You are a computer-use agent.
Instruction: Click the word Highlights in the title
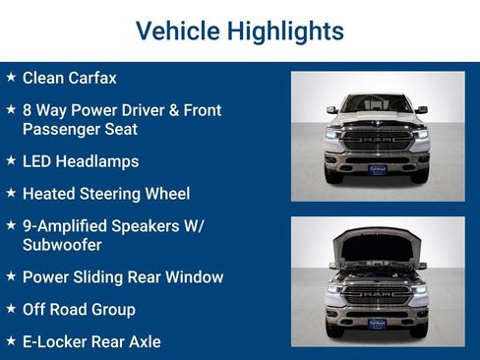coord(285,31)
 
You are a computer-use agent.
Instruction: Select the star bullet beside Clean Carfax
coord(10,77)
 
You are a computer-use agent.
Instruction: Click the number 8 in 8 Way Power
coord(28,110)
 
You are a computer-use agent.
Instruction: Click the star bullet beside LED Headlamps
coord(10,161)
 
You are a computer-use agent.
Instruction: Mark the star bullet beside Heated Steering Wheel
coord(10,194)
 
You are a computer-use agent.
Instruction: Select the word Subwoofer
coord(63,245)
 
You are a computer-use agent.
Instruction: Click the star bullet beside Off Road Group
coord(10,310)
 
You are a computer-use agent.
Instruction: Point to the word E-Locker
coord(55,342)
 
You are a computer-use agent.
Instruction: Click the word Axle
coord(141,342)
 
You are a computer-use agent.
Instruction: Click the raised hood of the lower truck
coord(378,247)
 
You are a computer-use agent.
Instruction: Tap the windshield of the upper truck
coord(378,103)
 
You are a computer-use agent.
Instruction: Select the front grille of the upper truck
coord(378,141)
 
